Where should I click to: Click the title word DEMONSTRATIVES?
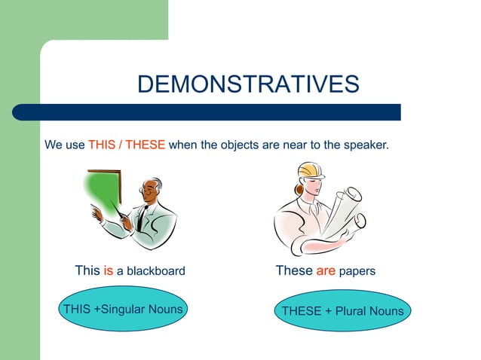[248, 84]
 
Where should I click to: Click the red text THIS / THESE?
[127, 145]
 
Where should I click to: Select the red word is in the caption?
[108, 270]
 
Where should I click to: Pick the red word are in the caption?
[326, 270]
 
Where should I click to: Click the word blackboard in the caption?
[155, 271]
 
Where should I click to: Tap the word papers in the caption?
[357, 271]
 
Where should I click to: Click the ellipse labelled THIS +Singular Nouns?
[123, 310]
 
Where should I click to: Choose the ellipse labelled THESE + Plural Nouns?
[342, 311]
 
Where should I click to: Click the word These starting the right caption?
[294, 270]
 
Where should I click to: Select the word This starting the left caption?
[87, 270]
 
